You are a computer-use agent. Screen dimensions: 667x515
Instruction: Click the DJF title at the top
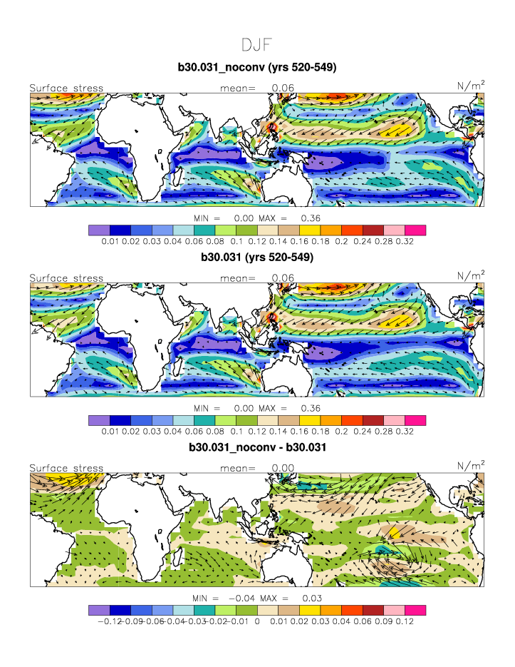point(256,45)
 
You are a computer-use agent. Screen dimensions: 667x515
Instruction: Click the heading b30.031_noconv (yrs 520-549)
point(256,68)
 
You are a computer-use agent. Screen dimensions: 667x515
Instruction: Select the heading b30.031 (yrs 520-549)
point(256,257)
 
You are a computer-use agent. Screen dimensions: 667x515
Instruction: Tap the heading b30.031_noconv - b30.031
point(256,447)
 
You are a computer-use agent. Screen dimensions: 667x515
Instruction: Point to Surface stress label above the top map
point(66,88)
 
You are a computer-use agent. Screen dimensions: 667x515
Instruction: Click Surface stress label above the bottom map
point(66,469)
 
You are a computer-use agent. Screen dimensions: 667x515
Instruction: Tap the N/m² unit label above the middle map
point(471,276)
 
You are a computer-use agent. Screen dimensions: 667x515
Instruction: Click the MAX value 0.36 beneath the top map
point(311,218)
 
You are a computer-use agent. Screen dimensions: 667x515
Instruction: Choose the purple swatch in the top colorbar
point(98,230)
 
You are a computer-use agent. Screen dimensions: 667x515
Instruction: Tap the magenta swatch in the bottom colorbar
point(415,610)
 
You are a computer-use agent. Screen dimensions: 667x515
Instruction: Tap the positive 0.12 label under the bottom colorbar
point(405,621)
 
